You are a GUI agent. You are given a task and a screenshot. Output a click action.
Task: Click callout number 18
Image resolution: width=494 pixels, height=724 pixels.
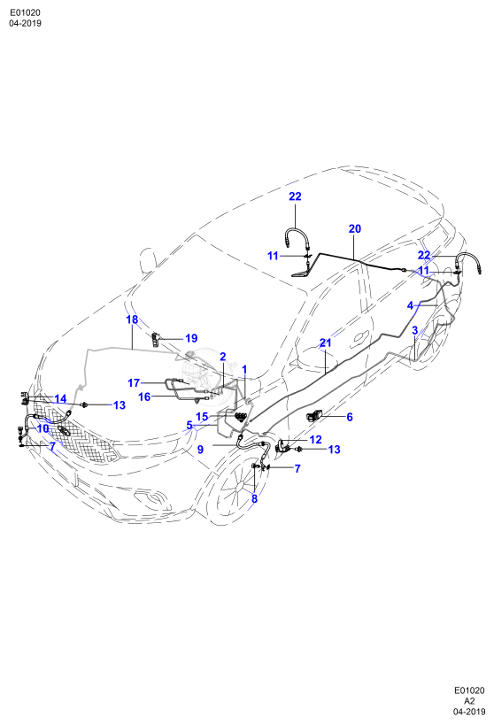(x=132, y=320)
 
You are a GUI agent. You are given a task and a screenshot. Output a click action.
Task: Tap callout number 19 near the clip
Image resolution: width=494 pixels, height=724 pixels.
(x=191, y=338)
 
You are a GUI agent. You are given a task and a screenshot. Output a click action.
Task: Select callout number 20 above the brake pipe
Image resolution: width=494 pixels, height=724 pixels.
(x=355, y=228)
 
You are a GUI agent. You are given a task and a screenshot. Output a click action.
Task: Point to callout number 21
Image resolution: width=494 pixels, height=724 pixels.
(x=326, y=343)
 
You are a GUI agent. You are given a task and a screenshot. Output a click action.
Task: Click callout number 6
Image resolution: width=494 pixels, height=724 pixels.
(x=350, y=417)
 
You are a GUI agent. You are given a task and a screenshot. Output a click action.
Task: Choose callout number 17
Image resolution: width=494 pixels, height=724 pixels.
(x=134, y=382)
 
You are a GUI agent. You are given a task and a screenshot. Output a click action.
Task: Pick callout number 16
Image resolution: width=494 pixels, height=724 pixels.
(x=144, y=397)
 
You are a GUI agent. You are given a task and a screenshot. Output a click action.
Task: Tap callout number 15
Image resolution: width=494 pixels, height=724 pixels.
(x=202, y=417)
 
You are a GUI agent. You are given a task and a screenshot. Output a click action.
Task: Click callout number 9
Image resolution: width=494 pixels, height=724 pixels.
(x=200, y=450)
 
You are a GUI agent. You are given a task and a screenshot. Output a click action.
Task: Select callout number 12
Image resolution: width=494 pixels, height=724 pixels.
(x=315, y=440)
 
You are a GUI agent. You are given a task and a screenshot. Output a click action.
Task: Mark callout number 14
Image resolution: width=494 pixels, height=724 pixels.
(x=60, y=399)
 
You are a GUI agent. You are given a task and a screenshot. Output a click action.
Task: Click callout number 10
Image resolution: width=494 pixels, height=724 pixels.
(x=42, y=428)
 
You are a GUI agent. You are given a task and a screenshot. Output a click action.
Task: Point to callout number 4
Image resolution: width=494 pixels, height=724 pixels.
(x=411, y=305)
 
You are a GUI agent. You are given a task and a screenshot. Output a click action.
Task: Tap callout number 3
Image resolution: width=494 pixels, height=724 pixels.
(x=414, y=330)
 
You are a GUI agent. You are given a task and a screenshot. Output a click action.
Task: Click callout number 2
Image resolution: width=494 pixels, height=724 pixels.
(x=222, y=357)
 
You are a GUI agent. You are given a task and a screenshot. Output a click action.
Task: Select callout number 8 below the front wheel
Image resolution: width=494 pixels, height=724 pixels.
(x=254, y=498)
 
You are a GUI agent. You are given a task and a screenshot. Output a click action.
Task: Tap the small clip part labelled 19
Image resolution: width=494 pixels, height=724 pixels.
(x=154, y=338)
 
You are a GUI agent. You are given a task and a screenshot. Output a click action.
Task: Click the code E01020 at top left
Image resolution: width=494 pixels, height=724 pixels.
(x=26, y=13)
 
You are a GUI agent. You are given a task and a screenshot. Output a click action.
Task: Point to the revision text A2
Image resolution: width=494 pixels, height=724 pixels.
(x=469, y=701)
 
